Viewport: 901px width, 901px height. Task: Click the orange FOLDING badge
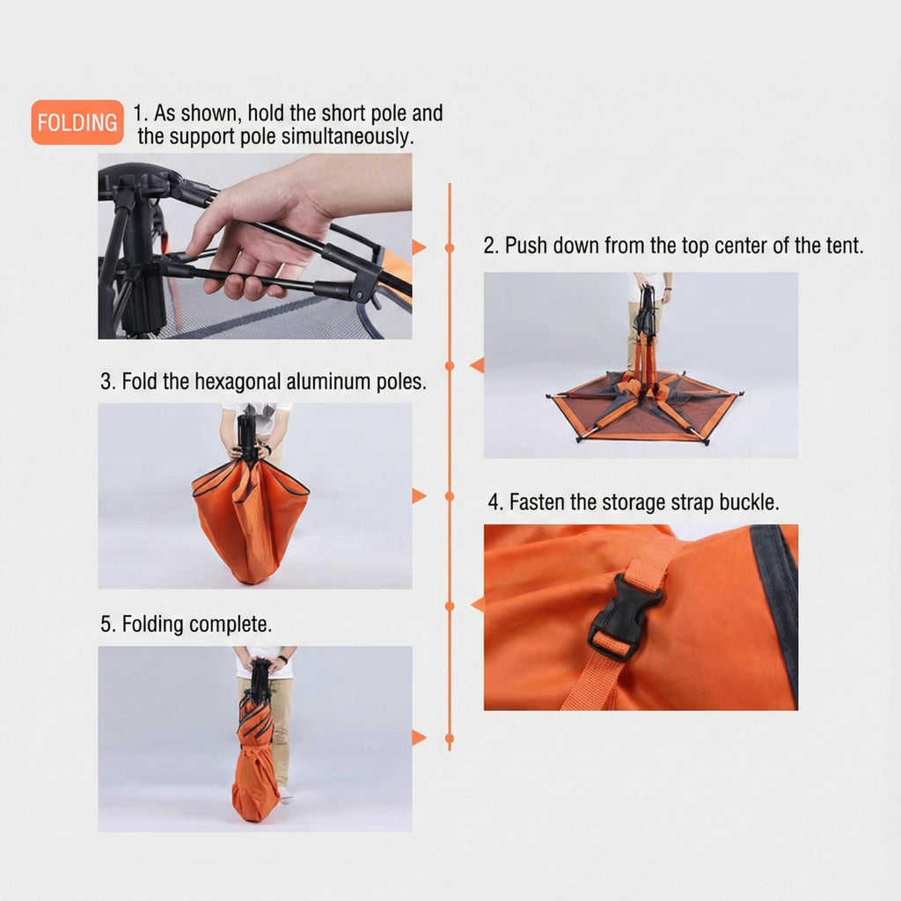(77, 122)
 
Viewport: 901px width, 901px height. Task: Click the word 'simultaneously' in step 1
(348, 136)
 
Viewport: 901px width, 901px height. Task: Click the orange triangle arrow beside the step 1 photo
(419, 247)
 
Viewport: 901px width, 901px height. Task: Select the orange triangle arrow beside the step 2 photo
(477, 365)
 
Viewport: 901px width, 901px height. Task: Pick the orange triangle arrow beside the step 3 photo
(419, 496)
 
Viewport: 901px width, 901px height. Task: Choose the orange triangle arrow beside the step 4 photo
(477, 605)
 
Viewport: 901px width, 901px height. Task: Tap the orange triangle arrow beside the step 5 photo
(419, 738)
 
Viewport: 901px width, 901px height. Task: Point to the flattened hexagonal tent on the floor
(643, 408)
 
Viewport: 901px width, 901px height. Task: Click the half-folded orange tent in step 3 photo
(250, 520)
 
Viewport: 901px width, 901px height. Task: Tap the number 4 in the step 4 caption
(494, 502)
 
